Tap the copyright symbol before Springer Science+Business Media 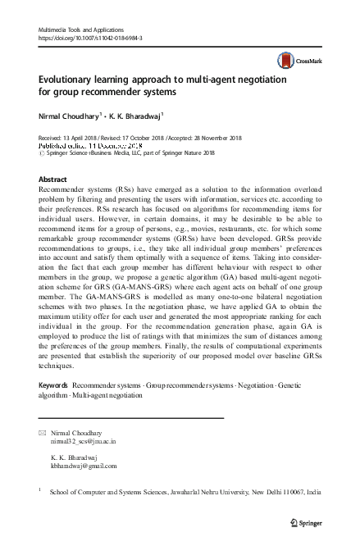tap(43, 152)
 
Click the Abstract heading tap(53, 178)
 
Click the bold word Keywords tap(53, 384)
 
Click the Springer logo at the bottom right tap(307, 522)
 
